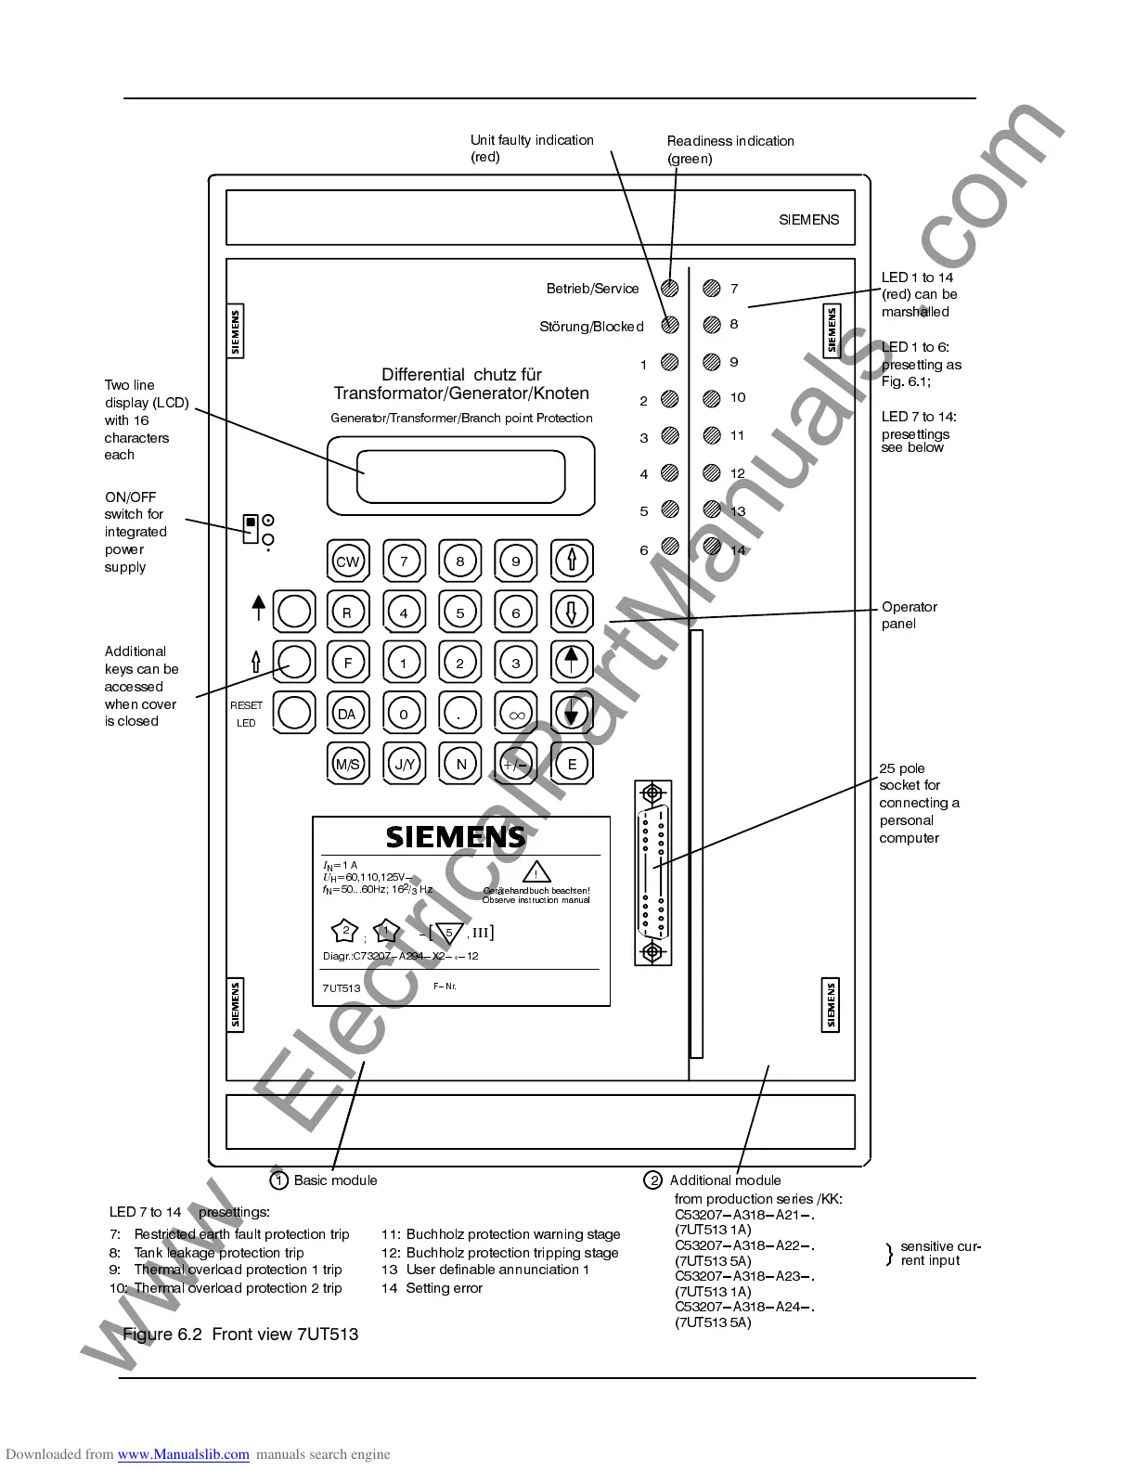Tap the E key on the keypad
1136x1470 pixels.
(572, 764)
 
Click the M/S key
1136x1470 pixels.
(347, 764)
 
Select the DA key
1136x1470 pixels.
(347, 714)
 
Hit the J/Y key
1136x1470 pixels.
(404, 764)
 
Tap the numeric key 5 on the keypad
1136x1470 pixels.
(460, 612)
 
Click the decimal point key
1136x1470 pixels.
(460, 714)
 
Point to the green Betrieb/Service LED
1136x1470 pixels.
(670, 289)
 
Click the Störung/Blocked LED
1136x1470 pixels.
(670, 325)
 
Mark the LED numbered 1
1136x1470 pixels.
(670, 363)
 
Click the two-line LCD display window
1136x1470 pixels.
(461, 474)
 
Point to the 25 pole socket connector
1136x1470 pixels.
(652, 872)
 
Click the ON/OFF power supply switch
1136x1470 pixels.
(250, 528)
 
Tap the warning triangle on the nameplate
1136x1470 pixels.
(536, 873)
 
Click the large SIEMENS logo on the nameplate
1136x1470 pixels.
(456, 836)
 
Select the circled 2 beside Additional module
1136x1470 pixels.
(652, 1180)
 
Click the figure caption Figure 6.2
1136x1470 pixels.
(240, 1335)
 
